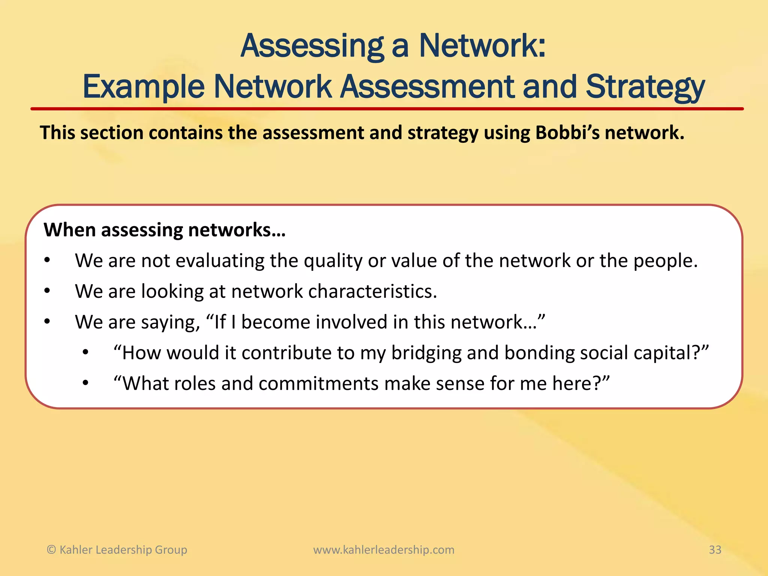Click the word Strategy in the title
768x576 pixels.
pyautogui.click(x=645, y=87)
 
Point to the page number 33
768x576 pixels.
pyautogui.click(x=715, y=550)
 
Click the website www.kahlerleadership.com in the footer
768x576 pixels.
pyautogui.click(x=384, y=550)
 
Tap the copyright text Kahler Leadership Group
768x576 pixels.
pyautogui.click(x=123, y=550)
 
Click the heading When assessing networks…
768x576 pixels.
pyautogui.click(x=165, y=230)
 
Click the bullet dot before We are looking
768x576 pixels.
pyautogui.click(x=47, y=291)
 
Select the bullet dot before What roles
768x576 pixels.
pyautogui.click(x=85, y=383)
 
